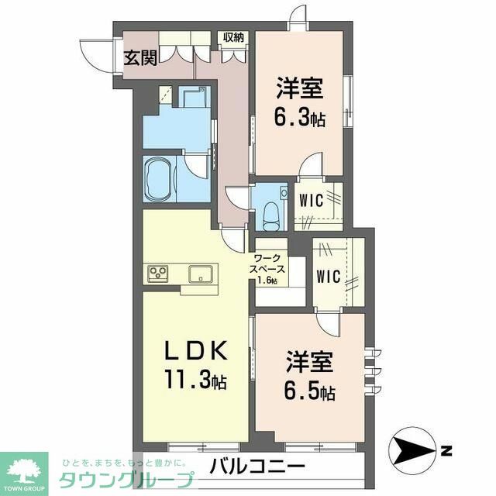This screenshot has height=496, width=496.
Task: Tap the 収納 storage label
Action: click(232, 36)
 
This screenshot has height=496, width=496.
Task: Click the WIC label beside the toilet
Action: click(311, 197)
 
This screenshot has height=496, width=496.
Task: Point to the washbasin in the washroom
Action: click(191, 98)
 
